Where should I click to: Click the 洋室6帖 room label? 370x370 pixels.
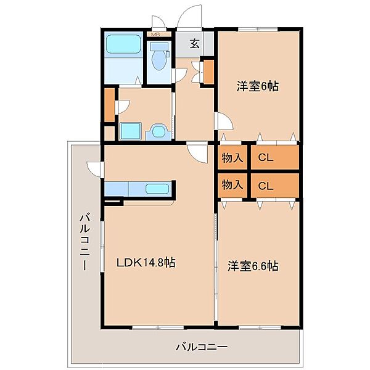(x=257, y=86)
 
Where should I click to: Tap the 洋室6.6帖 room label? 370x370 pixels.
(x=253, y=266)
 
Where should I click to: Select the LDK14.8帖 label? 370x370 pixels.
(x=146, y=262)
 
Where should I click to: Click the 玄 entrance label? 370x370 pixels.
(x=195, y=43)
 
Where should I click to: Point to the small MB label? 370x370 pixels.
(x=155, y=35)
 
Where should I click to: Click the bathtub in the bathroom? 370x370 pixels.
(x=124, y=44)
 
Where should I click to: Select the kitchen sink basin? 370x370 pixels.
(x=157, y=189)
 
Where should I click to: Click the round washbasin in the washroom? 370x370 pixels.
(x=158, y=131)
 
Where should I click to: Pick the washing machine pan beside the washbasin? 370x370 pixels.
(x=131, y=131)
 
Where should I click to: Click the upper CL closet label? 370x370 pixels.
(x=266, y=157)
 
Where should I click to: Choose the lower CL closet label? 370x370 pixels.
(x=266, y=186)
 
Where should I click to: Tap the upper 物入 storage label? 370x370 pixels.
(x=232, y=157)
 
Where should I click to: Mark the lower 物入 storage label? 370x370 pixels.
(x=232, y=184)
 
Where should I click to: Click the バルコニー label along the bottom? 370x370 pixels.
(x=202, y=347)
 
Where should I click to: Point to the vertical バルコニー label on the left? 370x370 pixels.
(x=85, y=241)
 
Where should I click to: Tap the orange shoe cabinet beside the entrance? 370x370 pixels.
(x=208, y=72)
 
